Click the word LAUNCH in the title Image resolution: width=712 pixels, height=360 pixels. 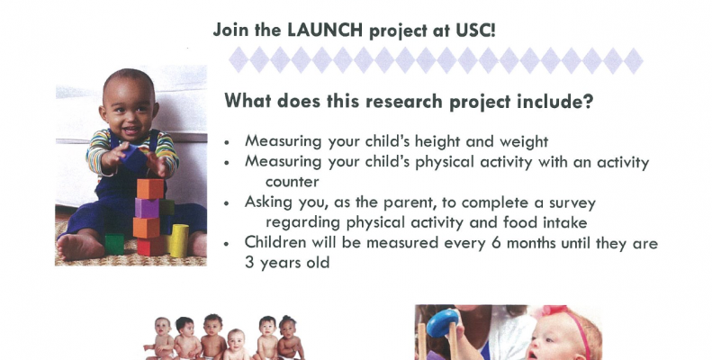[x=325, y=31]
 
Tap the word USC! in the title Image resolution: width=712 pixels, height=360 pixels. [x=475, y=31]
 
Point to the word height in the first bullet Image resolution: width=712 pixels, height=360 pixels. [x=437, y=141]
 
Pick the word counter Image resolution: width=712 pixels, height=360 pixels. [x=292, y=182]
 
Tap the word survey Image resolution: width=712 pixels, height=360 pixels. [x=572, y=203]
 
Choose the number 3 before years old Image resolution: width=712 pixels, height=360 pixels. [x=249, y=263]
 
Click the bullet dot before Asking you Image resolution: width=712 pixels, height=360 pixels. [x=227, y=203]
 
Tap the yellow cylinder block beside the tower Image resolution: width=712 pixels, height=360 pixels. [x=179, y=240]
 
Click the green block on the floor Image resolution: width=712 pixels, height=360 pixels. [x=114, y=244]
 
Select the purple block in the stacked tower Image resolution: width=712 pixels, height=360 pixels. [x=147, y=208]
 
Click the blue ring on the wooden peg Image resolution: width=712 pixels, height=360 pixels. [x=442, y=323]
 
